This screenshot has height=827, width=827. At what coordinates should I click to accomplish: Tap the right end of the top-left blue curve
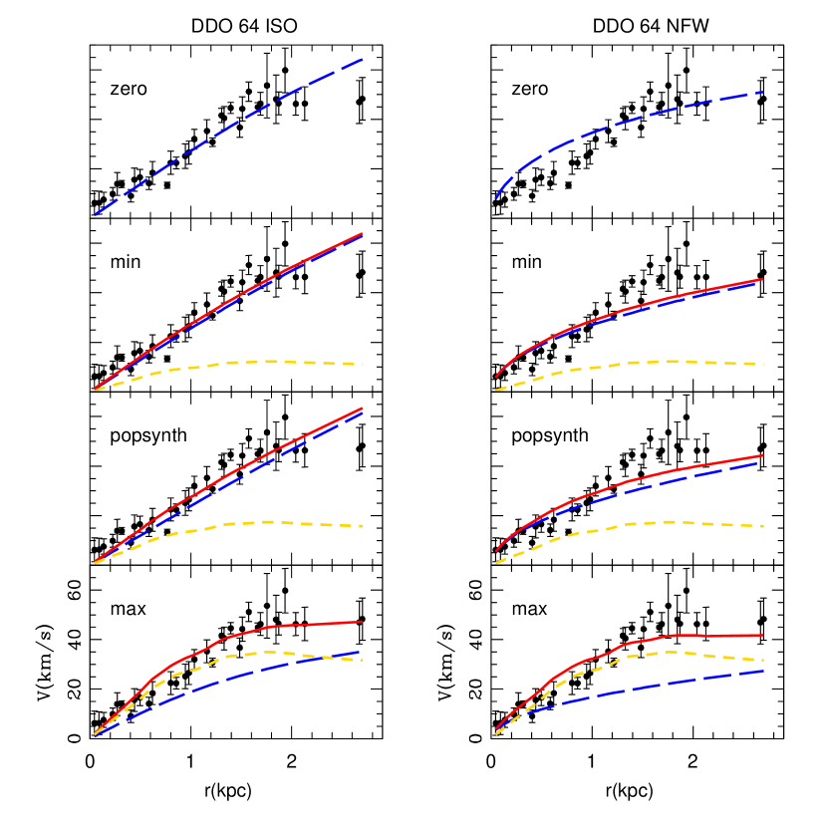point(362,60)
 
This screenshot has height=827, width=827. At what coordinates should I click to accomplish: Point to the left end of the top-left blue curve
point(96,214)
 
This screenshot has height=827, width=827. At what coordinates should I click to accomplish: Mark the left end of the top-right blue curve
point(496,198)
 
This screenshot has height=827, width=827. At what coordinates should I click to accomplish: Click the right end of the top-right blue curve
point(762,93)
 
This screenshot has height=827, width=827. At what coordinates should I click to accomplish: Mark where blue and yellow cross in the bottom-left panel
point(330,657)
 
